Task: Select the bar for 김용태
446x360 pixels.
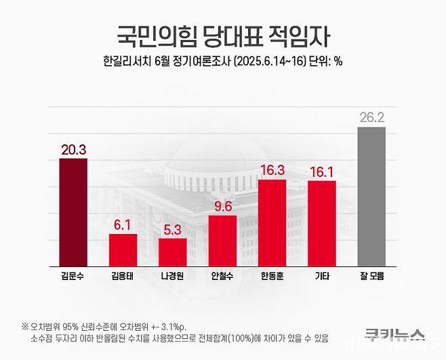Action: [123, 250]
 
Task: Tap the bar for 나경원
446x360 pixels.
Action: [173, 252]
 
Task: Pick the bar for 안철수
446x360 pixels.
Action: [222, 241]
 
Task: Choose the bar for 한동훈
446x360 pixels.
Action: [272, 223]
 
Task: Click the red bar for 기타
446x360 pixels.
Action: [322, 224]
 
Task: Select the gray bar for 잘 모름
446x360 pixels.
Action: [371, 197]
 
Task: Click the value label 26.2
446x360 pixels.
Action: [371, 118]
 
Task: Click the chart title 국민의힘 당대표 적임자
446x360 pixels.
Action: [222, 35]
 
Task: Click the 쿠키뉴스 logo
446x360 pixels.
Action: [394, 334]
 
